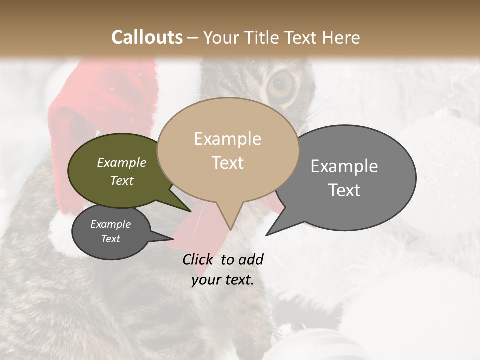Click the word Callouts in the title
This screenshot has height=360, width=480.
pos(147,37)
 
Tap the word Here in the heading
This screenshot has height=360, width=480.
pos(339,37)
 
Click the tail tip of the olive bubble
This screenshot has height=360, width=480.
pos(191,211)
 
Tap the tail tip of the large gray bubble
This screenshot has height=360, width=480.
pos(266,235)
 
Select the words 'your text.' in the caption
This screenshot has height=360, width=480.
pos(223,280)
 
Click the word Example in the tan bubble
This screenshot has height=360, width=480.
pos(227,139)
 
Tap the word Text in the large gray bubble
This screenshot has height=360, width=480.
pos(344,190)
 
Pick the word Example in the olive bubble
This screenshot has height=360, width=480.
pos(122,162)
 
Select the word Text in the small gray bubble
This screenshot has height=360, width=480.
pos(111,239)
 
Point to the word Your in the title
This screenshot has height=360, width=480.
pos(222,37)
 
